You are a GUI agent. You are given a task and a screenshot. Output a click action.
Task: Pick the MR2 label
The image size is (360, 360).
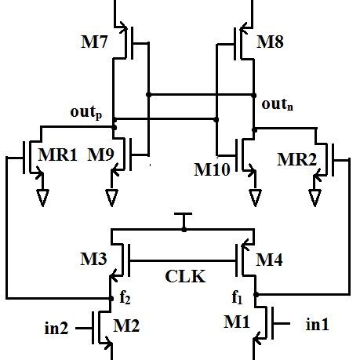(x=298, y=160)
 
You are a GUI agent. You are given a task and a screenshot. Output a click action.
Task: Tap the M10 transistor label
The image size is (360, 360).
(x=211, y=167)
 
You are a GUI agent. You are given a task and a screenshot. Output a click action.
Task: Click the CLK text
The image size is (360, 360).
(x=185, y=276)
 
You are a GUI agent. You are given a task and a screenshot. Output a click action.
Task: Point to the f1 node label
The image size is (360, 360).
(x=238, y=298)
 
